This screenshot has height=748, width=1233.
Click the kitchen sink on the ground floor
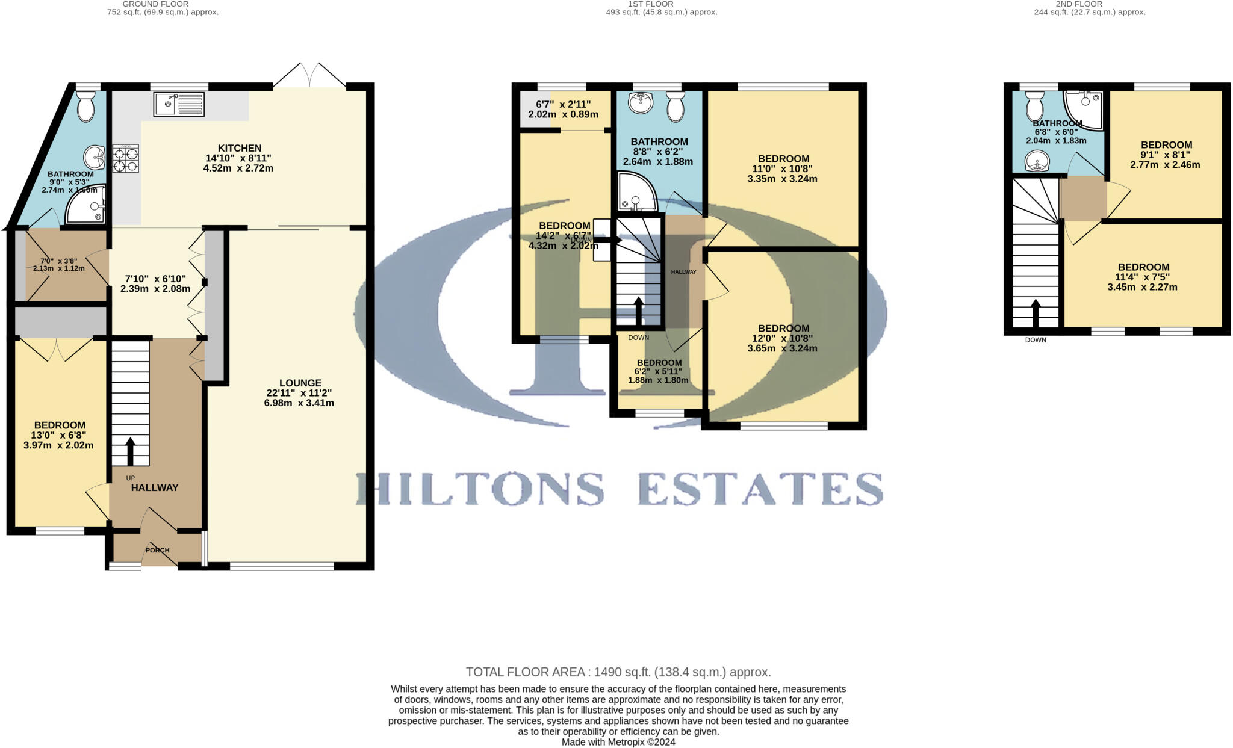pos(179,104)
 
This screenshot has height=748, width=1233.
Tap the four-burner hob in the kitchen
pos(125,158)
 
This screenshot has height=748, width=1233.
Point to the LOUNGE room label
pos(300,383)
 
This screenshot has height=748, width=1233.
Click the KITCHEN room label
pos(240,148)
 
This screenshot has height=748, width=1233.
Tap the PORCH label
pos(158,550)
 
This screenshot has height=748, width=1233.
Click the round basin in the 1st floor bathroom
pos(640,103)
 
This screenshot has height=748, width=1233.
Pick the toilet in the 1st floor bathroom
pos(676,107)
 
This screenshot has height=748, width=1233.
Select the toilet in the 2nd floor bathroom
pos(1035,107)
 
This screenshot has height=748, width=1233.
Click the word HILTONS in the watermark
pos(480,488)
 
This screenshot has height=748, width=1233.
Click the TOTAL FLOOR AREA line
pos(618,672)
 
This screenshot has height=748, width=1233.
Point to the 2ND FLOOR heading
pos(1079,4)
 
